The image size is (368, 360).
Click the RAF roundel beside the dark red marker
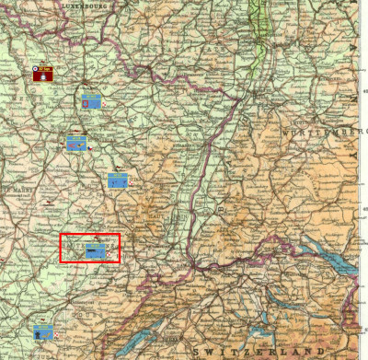(x=34, y=67)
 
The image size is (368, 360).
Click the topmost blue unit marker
(x=91, y=101)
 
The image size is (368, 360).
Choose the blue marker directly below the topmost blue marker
(x=76, y=144)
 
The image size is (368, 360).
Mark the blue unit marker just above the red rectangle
(x=117, y=180)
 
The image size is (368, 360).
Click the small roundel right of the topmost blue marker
(x=104, y=103)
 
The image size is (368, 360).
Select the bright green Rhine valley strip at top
(x=262, y=28)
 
